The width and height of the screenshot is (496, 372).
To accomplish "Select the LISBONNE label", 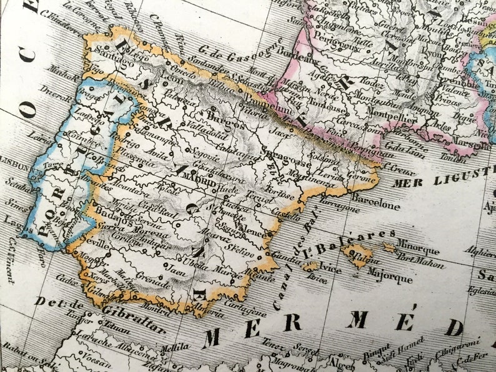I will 14,168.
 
